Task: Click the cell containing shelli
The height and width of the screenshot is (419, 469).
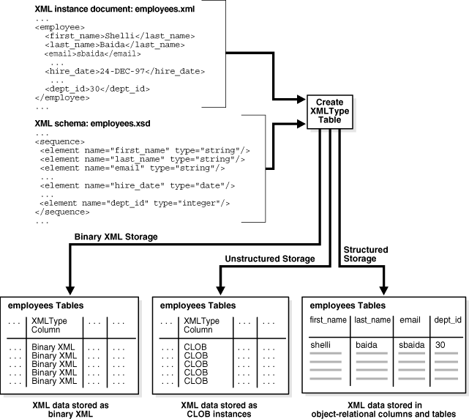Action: tap(322, 343)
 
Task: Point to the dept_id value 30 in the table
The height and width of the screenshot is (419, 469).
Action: tap(439, 343)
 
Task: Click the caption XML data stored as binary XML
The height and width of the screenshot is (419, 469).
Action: tap(72, 407)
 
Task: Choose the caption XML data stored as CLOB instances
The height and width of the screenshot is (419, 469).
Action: tap(220, 407)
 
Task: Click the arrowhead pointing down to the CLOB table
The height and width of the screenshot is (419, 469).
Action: tap(220, 288)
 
